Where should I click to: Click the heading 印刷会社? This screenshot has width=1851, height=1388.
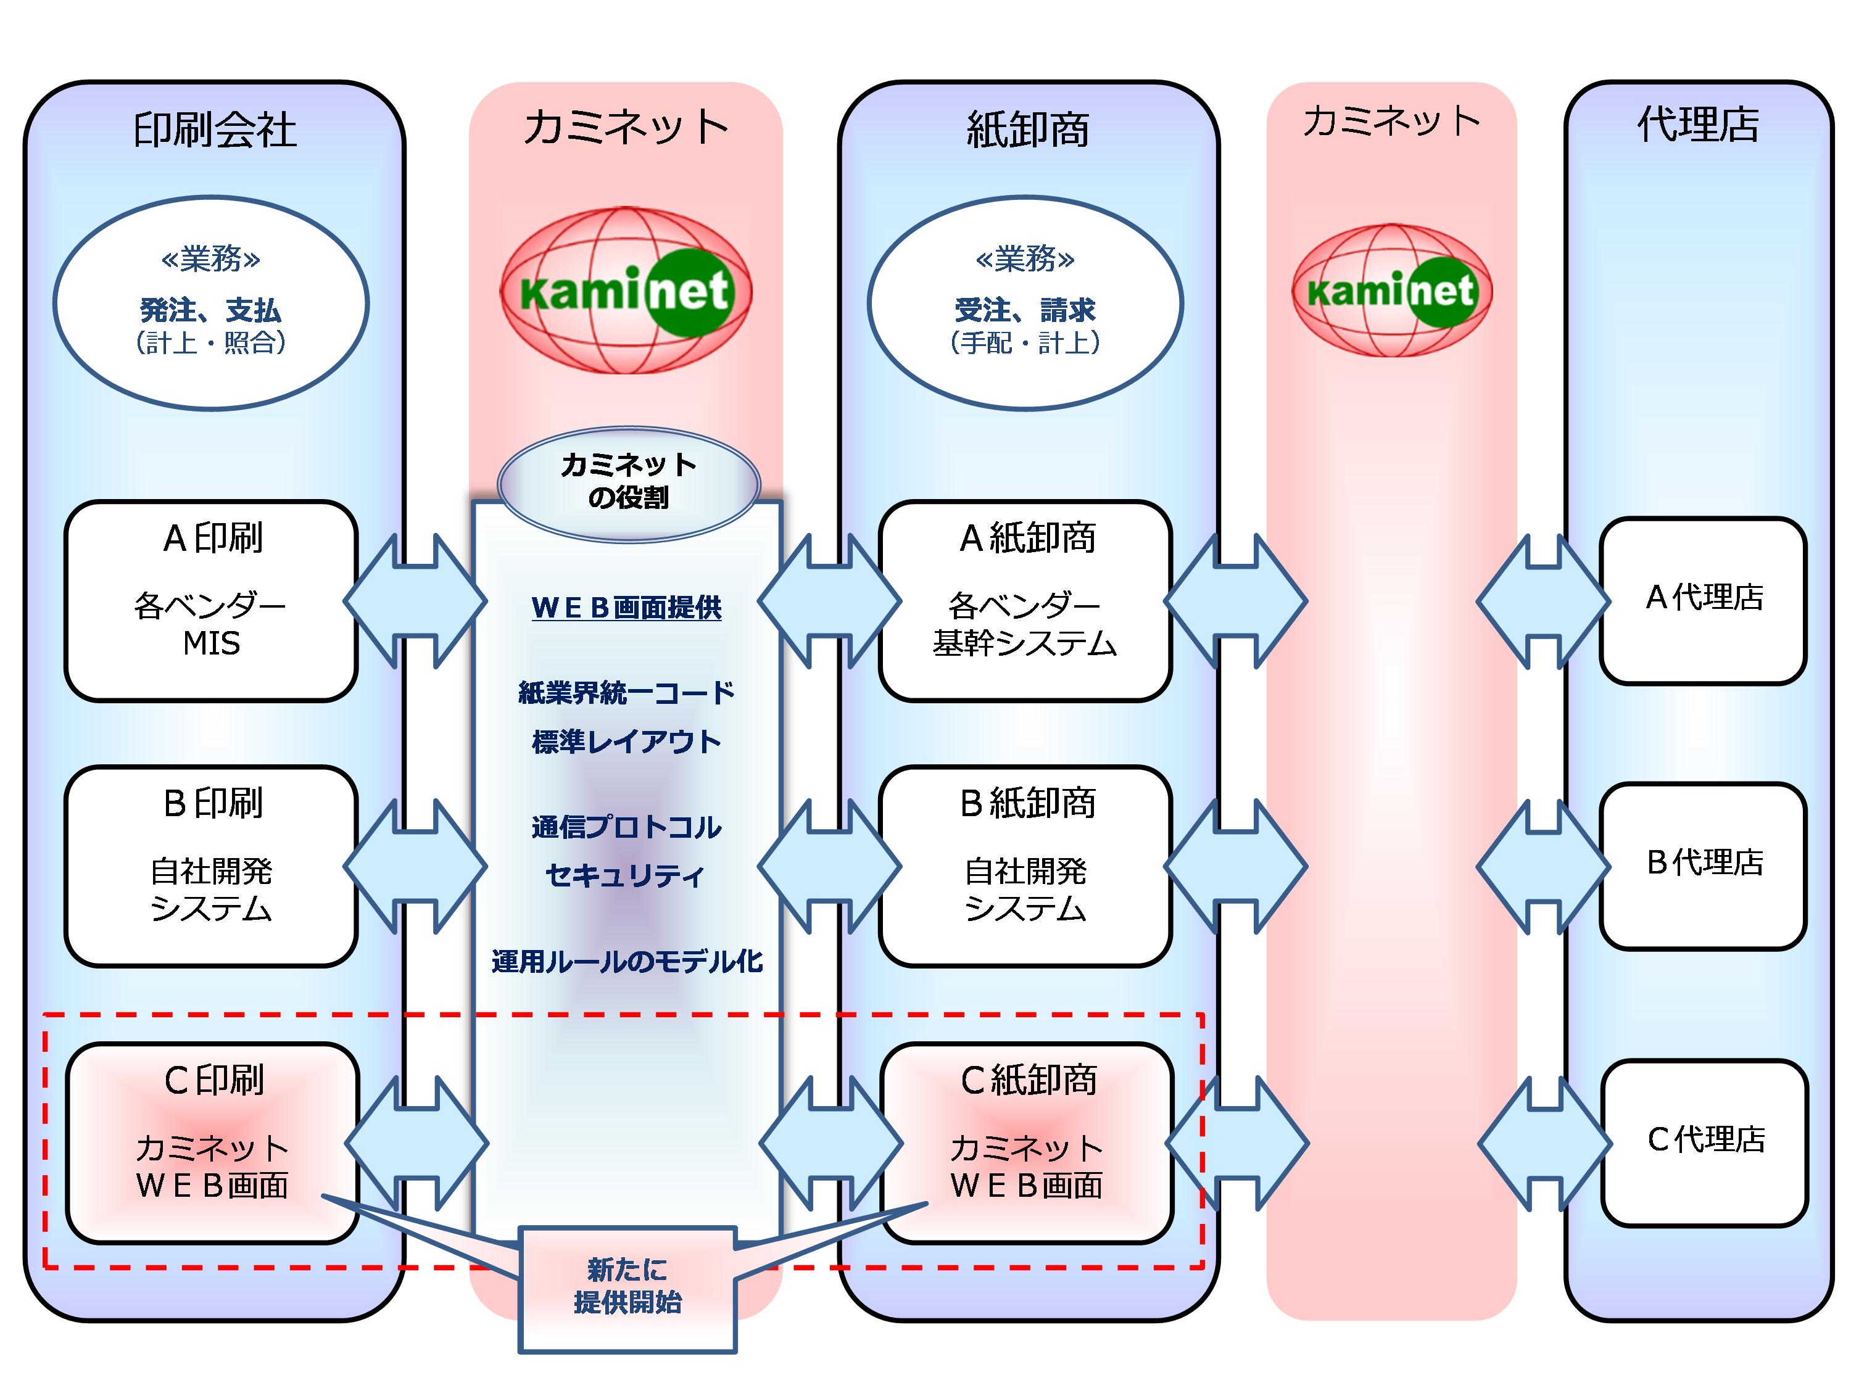214,130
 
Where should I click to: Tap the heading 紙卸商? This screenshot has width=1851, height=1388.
1027,130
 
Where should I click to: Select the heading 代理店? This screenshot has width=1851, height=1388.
1699,125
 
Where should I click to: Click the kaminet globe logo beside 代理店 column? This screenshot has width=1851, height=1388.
1391,291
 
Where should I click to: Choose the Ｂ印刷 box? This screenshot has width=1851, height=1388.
212,866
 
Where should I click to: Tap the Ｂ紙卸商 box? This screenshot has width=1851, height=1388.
1025,866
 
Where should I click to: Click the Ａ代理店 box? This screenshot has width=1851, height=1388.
1704,600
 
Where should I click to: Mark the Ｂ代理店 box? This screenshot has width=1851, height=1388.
1704,866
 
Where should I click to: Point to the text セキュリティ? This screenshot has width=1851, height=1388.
625,876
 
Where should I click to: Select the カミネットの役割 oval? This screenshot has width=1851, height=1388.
629,482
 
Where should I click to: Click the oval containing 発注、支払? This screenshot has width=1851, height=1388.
211,303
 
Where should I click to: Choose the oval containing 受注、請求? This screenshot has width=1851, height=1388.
1025,303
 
